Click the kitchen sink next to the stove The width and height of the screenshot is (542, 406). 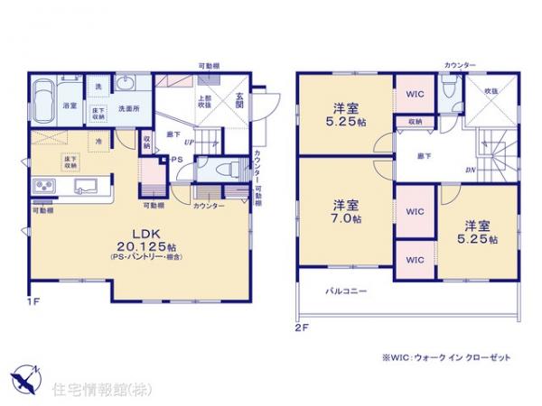pyautogui.click(x=87, y=188)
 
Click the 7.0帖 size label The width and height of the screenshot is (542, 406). pyautogui.click(x=345, y=218)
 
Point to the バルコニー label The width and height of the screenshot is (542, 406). pyautogui.click(x=345, y=291)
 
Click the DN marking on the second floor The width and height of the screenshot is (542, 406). pyautogui.click(x=471, y=169)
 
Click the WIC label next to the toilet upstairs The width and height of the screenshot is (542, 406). pyautogui.click(x=415, y=94)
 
